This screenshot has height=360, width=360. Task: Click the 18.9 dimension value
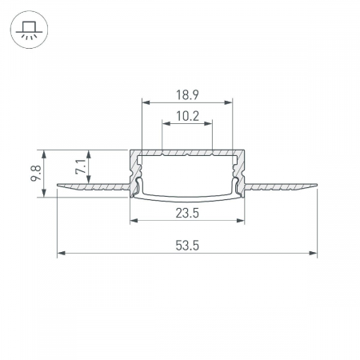[186, 94]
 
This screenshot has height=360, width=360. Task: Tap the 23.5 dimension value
[186, 213]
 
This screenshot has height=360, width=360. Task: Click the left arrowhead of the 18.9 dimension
[146, 102]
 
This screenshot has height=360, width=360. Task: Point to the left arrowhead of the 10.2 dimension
[166, 124]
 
